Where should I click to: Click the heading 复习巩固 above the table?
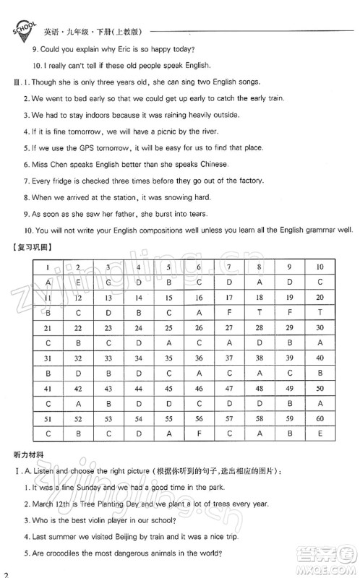42,248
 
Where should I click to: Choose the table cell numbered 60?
320,419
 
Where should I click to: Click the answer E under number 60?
320,434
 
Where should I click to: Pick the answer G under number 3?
108,282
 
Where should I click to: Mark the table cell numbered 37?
228,358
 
